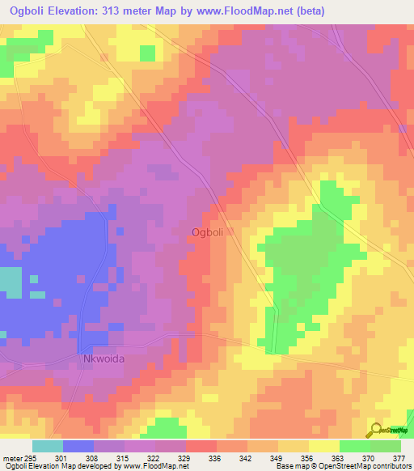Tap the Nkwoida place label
[x=104, y=359]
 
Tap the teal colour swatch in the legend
[x=47, y=446]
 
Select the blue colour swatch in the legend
[x=78, y=446]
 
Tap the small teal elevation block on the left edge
[x=11, y=280]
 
